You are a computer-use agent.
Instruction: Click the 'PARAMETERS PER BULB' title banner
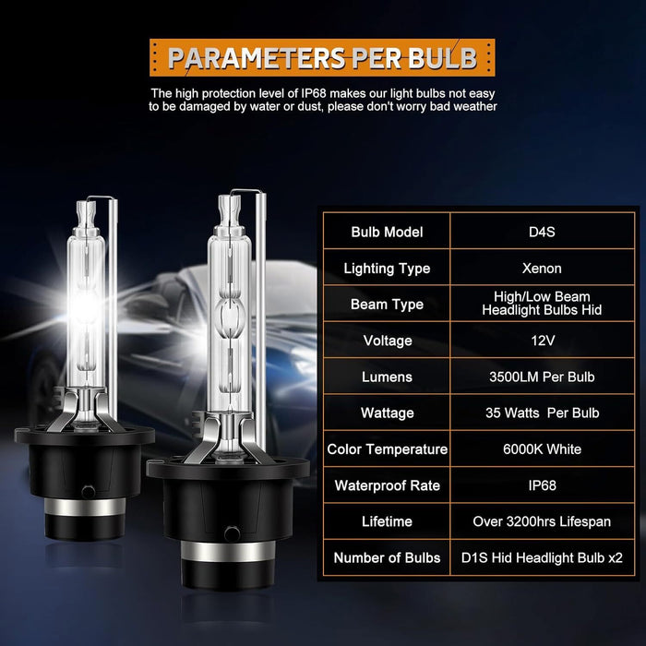coord(322,57)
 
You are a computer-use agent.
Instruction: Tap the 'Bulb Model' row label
coord(387,232)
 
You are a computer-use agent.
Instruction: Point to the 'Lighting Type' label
coord(387,269)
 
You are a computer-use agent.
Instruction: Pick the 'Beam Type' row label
coord(387,305)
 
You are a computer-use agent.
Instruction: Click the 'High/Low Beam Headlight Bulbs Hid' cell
coord(542,304)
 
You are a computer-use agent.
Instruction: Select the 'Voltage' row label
coord(387,341)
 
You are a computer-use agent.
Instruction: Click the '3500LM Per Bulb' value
coord(542,377)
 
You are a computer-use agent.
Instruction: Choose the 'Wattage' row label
coord(387,413)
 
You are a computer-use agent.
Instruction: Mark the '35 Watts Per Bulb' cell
coord(542,413)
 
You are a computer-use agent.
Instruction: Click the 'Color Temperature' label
coord(387,449)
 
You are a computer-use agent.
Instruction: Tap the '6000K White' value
coord(542,449)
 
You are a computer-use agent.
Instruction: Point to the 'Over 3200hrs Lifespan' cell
coord(542,521)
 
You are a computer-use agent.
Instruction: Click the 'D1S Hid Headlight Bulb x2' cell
coord(542,557)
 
